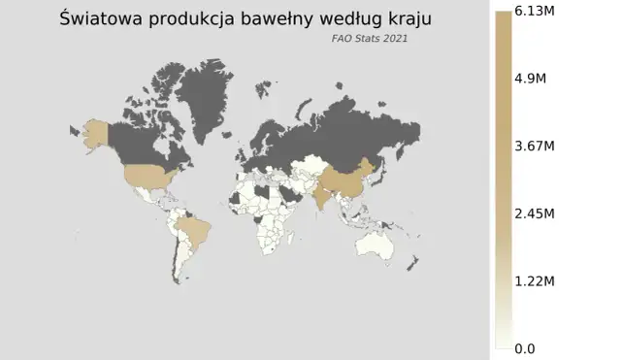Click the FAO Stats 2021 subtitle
pyautogui.click(x=369, y=40)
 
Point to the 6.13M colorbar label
pyautogui.click(x=533, y=12)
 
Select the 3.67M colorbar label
pyautogui.click(x=533, y=147)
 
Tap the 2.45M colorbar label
pyautogui.click(x=533, y=213)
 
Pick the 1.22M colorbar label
pyautogui.click(x=533, y=281)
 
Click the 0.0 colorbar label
pyautogui.click(x=525, y=348)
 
